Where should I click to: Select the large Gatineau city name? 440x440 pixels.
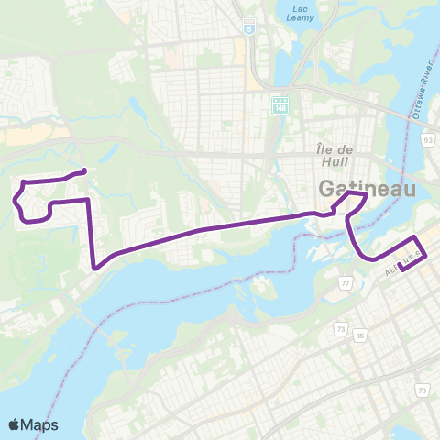click(367, 189)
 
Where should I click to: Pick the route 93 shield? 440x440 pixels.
click(428, 140)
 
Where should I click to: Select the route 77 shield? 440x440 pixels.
click(346, 285)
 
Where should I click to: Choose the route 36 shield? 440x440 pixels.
click(360, 335)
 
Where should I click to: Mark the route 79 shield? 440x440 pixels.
click(422, 366)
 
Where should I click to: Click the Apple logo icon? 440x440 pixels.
click(15, 424)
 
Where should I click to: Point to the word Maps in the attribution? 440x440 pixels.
click(40, 424)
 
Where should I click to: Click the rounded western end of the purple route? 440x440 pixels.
click(84, 170)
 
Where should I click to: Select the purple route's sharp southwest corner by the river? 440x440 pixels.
click(95, 268)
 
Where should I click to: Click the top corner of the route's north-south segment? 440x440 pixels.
click(87, 199)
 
